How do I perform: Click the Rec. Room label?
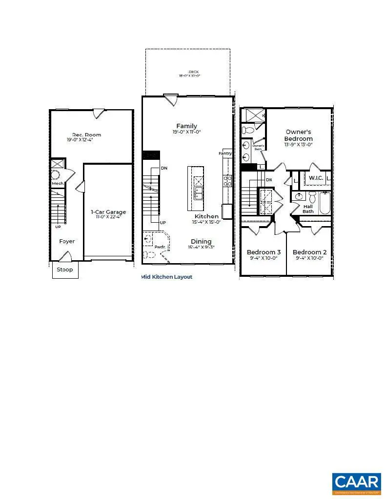point(87,135)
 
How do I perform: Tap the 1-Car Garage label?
point(108,212)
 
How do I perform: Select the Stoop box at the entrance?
point(65,269)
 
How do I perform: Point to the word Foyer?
point(67,241)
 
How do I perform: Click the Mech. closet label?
point(58,183)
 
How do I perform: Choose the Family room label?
point(186,126)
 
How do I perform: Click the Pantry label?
point(225,154)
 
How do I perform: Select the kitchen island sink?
point(199,193)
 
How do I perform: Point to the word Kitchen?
point(206,216)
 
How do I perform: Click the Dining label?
point(201,241)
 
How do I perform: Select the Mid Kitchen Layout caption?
point(167,277)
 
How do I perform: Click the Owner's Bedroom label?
point(299,135)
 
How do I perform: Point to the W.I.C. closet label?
point(316,178)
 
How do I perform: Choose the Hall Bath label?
point(308,209)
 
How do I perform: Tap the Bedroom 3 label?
point(264,252)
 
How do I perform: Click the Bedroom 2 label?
point(309,252)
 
